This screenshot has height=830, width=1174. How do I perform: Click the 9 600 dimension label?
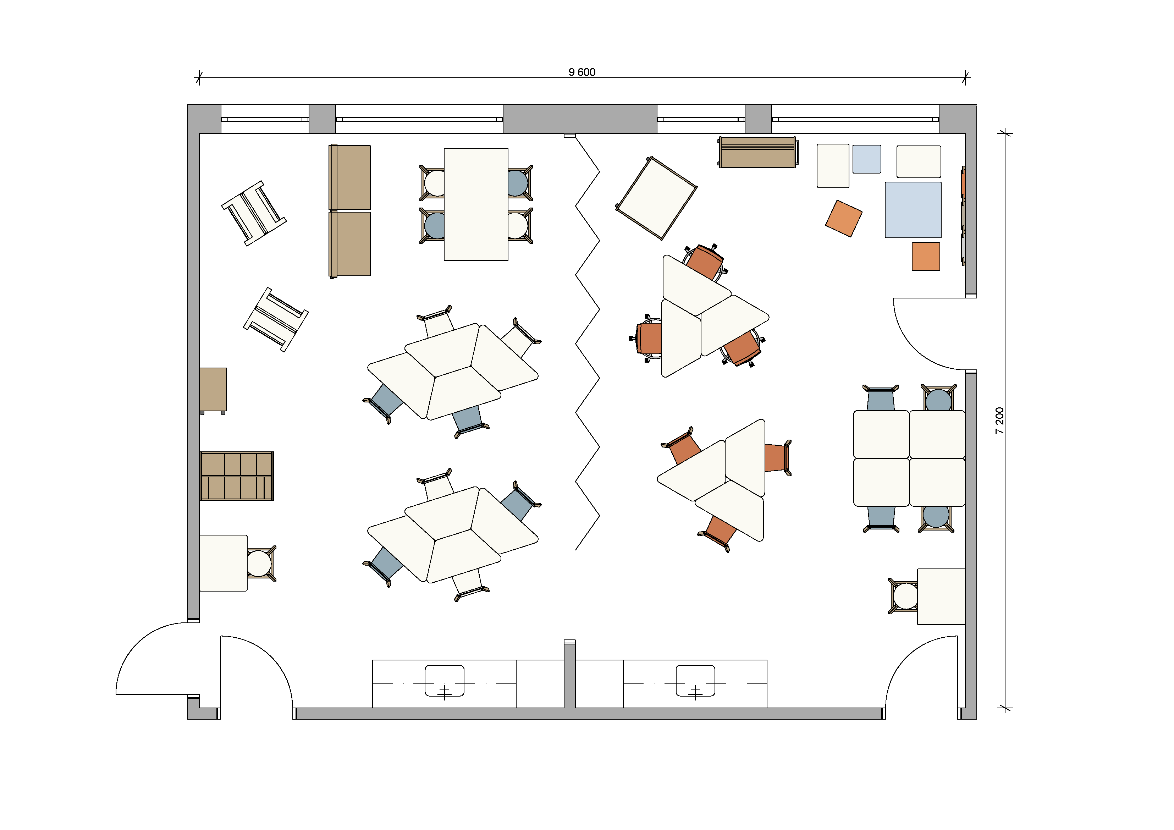click(582, 72)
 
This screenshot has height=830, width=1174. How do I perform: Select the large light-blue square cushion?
click(913, 210)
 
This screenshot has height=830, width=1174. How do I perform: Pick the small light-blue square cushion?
click(867, 159)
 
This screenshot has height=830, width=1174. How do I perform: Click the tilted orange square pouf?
click(844, 218)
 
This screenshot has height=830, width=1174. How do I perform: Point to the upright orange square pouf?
click(926, 256)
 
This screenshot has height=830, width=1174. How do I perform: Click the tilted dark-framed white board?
click(656, 198)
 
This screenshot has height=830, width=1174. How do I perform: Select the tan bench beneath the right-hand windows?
click(757, 152)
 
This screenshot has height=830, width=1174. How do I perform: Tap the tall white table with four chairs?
click(475, 204)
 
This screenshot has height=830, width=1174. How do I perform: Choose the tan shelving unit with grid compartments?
click(237, 476)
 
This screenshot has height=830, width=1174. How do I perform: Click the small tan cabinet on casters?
click(213, 391)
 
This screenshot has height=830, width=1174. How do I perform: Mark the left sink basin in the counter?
click(444, 681)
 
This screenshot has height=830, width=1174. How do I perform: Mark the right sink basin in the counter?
click(695, 681)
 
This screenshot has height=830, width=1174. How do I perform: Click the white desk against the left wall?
click(224, 563)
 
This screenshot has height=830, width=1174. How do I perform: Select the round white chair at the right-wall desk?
click(905, 596)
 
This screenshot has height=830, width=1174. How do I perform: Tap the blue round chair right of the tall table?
click(517, 182)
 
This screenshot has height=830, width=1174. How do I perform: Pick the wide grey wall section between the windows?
click(580, 119)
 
